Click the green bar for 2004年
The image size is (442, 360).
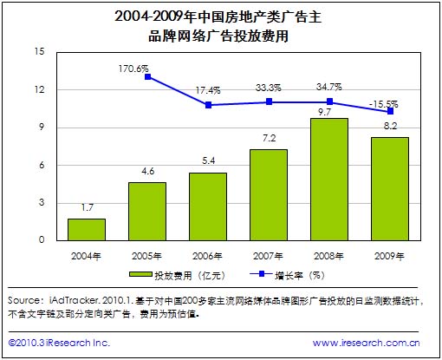[87, 230]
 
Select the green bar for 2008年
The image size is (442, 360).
[329, 180]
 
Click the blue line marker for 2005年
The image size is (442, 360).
[148, 77]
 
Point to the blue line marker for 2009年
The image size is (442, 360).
[391, 111]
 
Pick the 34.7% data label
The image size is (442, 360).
[329, 87]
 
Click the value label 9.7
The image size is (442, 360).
[329, 112]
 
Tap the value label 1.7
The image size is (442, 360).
[87, 208]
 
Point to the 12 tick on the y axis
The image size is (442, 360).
[38, 89]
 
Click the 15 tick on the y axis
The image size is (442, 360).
[38, 51]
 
